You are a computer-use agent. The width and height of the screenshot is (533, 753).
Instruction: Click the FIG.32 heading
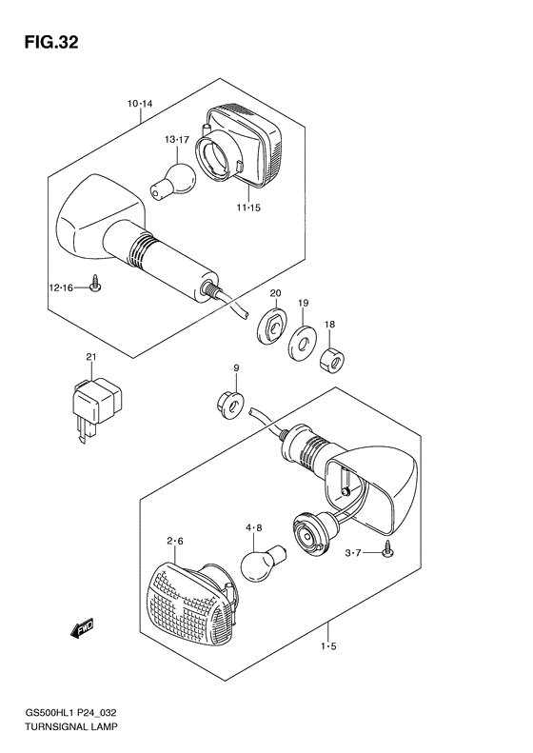[x=51, y=43]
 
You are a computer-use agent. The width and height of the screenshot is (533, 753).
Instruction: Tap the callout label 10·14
[x=140, y=103]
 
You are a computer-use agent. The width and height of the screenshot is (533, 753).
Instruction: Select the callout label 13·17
[x=177, y=140]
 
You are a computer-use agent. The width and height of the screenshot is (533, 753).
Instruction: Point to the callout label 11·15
[x=248, y=208]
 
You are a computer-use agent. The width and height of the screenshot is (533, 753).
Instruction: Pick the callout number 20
[x=275, y=293]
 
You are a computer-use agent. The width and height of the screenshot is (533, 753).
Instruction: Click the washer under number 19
[x=302, y=344]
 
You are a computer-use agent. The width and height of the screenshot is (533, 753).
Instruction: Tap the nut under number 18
[x=334, y=359]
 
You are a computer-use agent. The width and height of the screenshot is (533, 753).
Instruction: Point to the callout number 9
[x=236, y=367]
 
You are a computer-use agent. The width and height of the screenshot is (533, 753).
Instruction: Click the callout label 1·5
[x=329, y=646]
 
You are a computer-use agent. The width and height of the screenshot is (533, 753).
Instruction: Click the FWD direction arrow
[x=82, y=629]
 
